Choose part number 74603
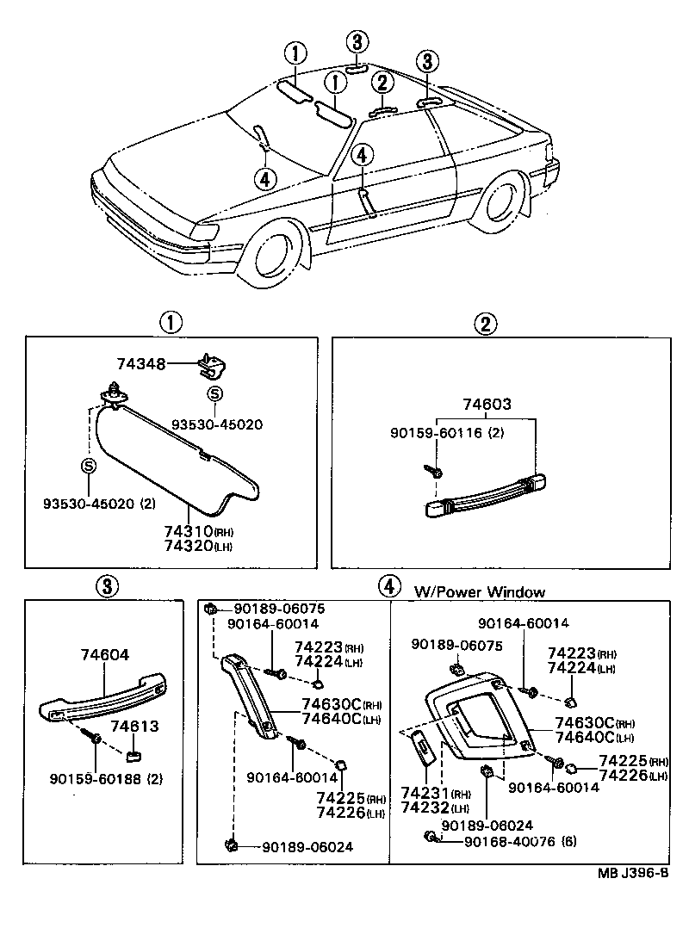point(486,404)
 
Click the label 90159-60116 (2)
point(444,433)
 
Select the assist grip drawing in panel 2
point(487,497)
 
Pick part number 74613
point(140,726)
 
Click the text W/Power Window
point(479,591)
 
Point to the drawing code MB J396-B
point(633,872)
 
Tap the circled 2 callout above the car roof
point(382,84)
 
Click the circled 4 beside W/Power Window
point(389,586)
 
